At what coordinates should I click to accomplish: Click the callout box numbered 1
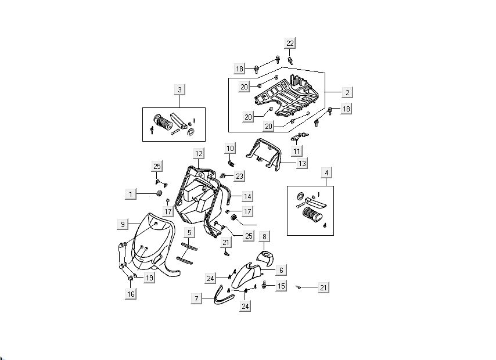[132, 193]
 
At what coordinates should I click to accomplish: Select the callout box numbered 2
[347, 92]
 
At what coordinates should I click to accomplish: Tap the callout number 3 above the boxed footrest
[179, 89]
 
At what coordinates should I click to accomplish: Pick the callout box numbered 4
[326, 172]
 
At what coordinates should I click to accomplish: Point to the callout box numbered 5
[189, 232]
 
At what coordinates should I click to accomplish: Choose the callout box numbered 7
[196, 298]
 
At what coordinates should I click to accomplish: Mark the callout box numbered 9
[123, 224]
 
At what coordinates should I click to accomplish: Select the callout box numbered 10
[230, 148]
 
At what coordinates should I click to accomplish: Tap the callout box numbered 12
[199, 154]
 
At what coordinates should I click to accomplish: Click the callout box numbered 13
[302, 164]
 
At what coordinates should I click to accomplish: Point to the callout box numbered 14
[247, 196]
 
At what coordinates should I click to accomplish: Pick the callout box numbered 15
[281, 286]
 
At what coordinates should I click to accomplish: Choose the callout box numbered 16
[131, 294]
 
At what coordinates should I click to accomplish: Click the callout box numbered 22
[290, 43]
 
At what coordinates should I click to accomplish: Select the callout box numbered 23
[239, 175]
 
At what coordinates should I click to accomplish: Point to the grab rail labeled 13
[264, 153]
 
